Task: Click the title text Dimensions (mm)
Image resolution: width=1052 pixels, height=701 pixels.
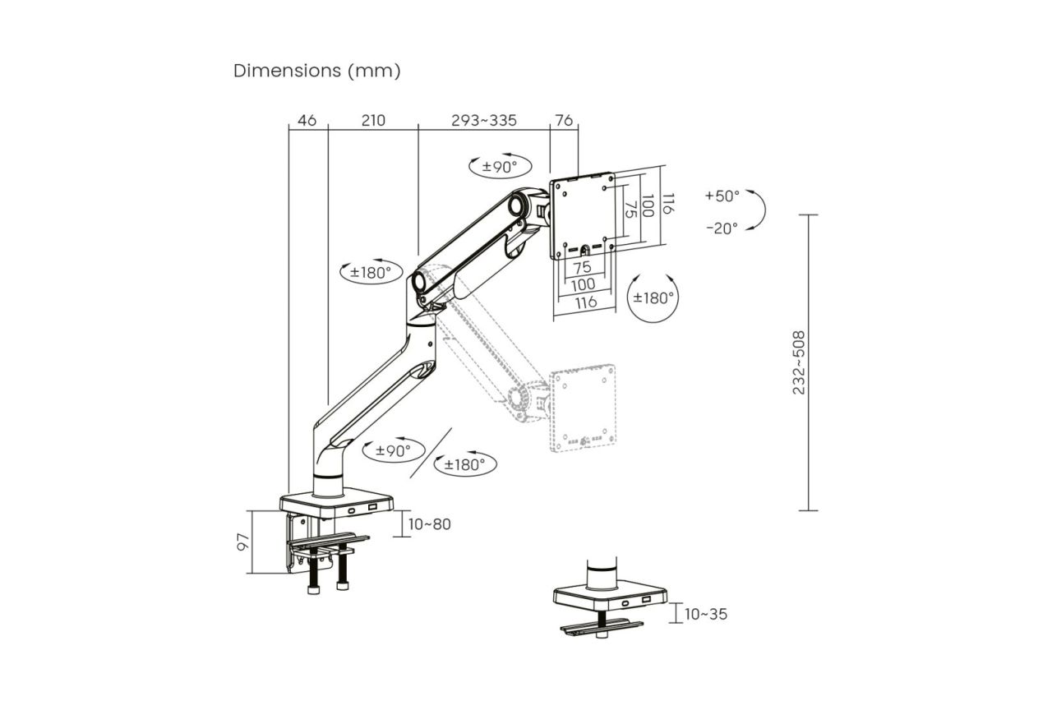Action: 317,71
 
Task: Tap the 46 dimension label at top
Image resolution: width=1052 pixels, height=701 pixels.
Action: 307,120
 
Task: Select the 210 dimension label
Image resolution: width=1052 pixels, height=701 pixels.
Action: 372,120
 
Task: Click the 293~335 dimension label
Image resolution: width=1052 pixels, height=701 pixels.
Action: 483,120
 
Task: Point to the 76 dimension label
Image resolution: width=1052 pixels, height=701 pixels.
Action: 564,120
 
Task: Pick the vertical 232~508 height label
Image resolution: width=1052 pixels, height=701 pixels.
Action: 799,362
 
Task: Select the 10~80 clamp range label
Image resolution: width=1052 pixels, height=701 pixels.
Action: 429,523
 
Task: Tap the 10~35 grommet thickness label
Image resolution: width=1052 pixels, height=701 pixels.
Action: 705,614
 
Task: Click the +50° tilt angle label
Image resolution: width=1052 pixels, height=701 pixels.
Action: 722,196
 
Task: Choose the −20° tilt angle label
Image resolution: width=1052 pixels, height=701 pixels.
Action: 722,228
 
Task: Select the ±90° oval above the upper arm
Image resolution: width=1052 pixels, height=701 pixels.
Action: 500,166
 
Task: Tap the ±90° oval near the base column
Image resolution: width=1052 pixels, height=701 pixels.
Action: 393,450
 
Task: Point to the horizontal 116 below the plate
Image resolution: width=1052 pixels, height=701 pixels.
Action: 585,302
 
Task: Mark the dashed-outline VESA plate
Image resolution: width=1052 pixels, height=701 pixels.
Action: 582,408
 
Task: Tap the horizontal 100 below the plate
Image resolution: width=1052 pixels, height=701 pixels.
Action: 583,284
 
